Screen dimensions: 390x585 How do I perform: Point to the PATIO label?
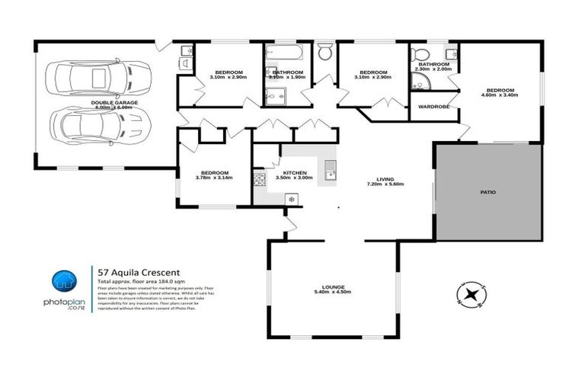point(487,193)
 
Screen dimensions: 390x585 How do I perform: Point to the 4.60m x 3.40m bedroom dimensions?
point(499,95)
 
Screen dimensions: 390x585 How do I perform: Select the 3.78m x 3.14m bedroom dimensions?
point(213,177)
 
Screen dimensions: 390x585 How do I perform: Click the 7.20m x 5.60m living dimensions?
point(385,184)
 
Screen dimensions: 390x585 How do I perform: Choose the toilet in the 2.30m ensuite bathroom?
point(418,56)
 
